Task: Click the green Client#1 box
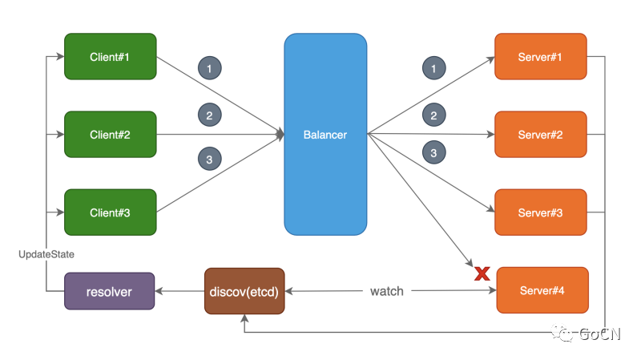tap(110, 56)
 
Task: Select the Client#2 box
tap(110, 134)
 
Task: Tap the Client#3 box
tap(110, 212)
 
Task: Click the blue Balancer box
tap(325, 134)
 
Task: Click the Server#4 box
tap(542, 290)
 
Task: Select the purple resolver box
tap(109, 290)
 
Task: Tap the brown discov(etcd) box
tap(244, 290)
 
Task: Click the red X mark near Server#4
tap(482, 273)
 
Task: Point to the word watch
tap(387, 290)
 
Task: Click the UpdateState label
tap(46, 253)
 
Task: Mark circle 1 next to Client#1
tap(209, 69)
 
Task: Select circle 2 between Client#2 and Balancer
tap(209, 115)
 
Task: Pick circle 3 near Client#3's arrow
tap(209, 160)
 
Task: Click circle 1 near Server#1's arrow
tap(433, 69)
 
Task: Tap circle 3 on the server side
tap(433, 152)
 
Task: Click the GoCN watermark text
tap(597, 333)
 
